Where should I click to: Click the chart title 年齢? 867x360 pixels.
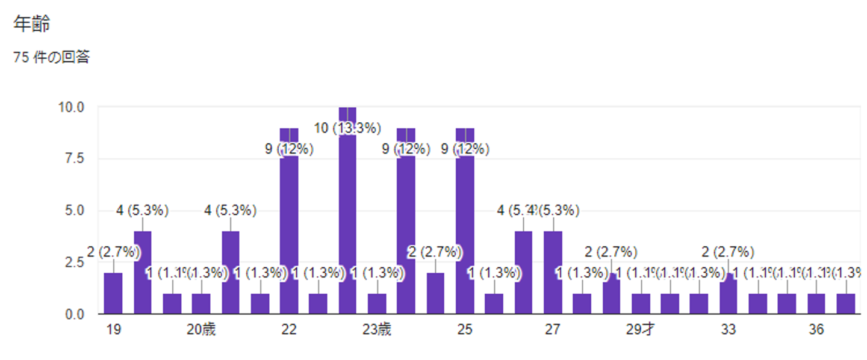pos(31,24)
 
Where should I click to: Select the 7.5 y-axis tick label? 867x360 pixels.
pos(75,159)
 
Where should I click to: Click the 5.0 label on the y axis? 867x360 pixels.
pos(75,211)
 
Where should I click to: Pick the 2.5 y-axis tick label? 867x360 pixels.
pos(75,262)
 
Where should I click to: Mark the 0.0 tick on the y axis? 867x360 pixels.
pos(75,314)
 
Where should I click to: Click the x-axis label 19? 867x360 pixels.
pos(113,330)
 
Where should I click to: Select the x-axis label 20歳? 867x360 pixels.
pos(201,330)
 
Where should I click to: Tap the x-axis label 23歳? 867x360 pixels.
pos(377,330)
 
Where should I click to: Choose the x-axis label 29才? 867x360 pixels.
pos(641,330)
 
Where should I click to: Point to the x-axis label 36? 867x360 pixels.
pos(816,330)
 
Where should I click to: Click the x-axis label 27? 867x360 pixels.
pos(553,330)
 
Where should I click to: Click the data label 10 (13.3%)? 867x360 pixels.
pos(348,128)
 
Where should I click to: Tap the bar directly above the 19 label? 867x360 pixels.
pos(113,293)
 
